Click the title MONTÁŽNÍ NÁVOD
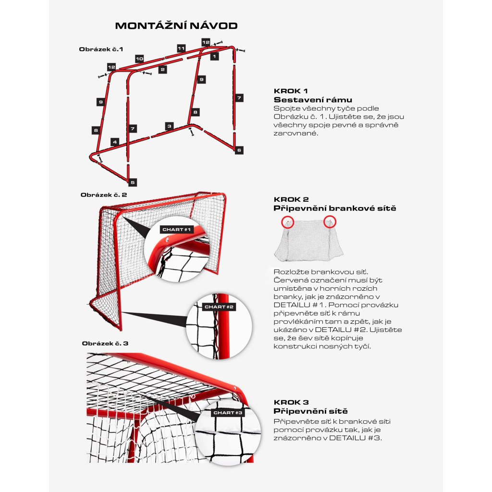pyautogui.click(x=176, y=25)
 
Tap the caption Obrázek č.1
pyautogui.click(x=101, y=49)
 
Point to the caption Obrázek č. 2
pyautogui.click(x=104, y=195)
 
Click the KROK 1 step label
pyautogui.click(x=291, y=91)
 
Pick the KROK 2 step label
pyautogui.click(x=291, y=199)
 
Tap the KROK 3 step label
pyautogui.click(x=291, y=402)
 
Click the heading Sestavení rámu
pyautogui.click(x=313, y=100)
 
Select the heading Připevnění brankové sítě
pyautogui.click(x=335, y=208)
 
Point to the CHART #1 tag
pyautogui.click(x=176, y=230)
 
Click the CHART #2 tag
pyautogui.click(x=219, y=307)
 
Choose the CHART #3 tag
pyautogui.click(x=228, y=412)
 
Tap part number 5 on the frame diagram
pyautogui.click(x=133, y=182)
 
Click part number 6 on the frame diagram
pyautogui.click(x=239, y=150)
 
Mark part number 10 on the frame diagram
pyautogui.click(x=139, y=59)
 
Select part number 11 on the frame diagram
pyautogui.click(x=181, y=49)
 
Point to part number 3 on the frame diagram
pyautogui.click(x=169, y=126)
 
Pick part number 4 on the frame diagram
pyautogui.click(x=114, y=142)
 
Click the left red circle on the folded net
pyautogui.click(x=287, y=222)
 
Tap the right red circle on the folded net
pyautogui.click(x=330, y=221)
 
